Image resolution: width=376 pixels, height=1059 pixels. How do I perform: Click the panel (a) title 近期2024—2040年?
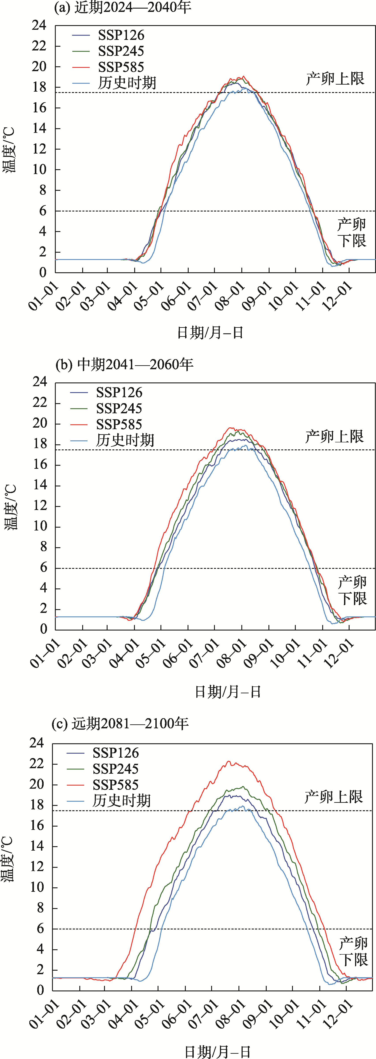pos(123,7)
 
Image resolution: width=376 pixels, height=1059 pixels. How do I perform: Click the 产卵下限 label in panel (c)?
pos(353,951)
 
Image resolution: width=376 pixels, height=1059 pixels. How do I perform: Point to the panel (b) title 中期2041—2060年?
pos(124,364)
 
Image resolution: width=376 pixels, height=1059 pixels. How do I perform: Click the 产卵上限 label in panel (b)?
pos(334,436)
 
